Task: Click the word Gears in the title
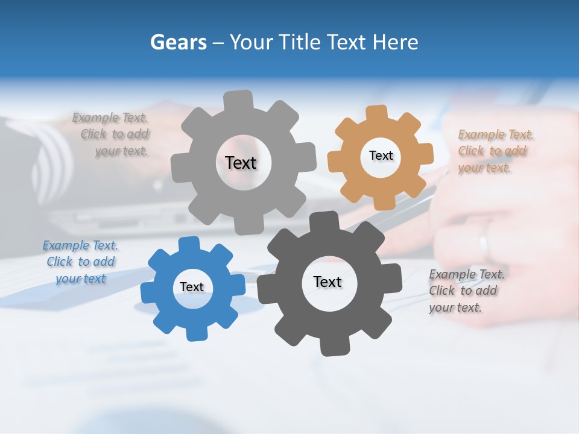coord(178,42)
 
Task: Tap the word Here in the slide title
coord(396,42)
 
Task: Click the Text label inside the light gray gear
coord(241,163)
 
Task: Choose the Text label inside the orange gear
coord(381,156)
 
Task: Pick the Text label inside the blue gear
coord(192,287)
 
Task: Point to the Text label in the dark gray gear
coord(327,282)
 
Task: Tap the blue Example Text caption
coord(80,262)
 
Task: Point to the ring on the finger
coord(483,245)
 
